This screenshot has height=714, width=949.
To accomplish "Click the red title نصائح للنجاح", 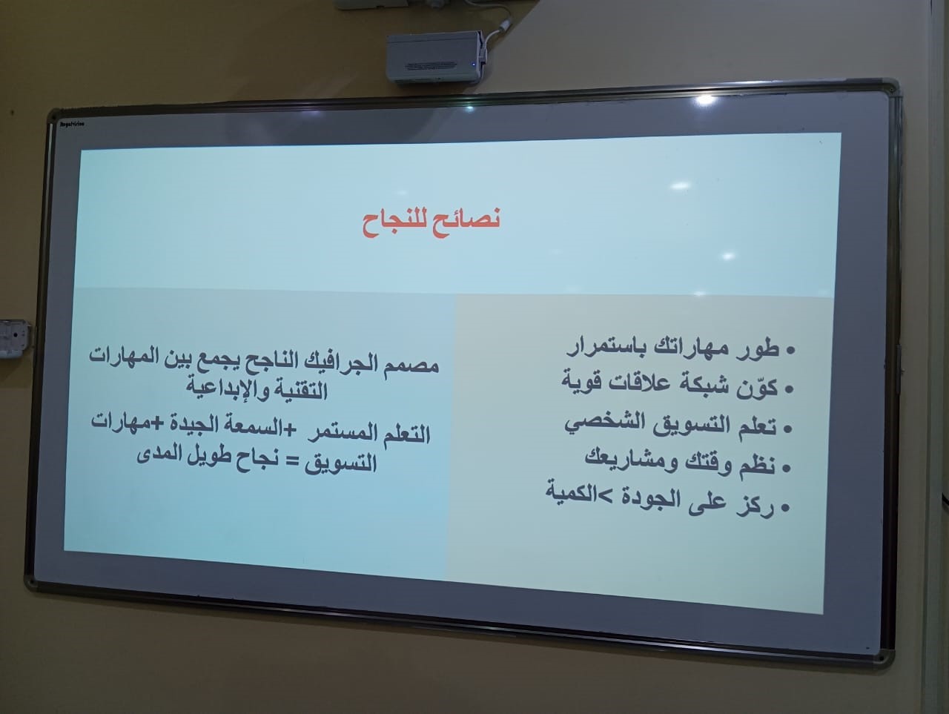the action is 431,223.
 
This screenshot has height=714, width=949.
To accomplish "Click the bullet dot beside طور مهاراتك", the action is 791,351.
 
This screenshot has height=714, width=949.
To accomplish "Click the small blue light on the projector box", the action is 474,65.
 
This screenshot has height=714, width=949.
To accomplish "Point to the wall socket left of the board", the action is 15,338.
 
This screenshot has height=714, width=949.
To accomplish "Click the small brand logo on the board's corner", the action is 73,125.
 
